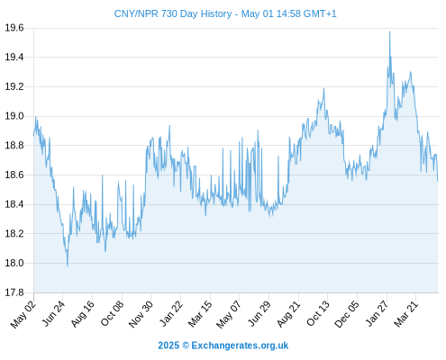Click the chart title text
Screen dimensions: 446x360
tap(225, 13)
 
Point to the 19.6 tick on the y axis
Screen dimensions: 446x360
tap(14, 28)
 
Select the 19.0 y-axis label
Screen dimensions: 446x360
tap(14, 116)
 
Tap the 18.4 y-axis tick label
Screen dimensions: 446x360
tap(14, 204)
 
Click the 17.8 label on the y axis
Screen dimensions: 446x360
tap(14, 292)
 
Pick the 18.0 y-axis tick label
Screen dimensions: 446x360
tap(14, 263)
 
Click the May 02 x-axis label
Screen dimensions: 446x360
tap(23, 314)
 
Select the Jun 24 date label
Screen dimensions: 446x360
tap(53, 314)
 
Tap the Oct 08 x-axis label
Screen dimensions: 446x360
tap(112, 314)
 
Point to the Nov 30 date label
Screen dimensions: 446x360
tap(141, 314)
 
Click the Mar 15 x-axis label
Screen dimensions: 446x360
tap(200, 314)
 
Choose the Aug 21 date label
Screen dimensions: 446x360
tap(288, 314)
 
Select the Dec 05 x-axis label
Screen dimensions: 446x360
tap(347, 314)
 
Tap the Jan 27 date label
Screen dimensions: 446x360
tap(377, 314)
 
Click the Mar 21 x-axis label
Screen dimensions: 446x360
tap(405, 314)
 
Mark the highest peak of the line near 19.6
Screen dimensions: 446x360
tap(390, 31)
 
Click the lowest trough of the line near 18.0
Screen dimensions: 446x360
tap(68, 265)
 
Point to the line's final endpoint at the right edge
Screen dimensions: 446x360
tap(438, 181)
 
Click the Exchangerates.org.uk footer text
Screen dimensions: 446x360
tap(240, 346)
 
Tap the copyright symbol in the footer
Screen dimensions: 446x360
tap(186, 346)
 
